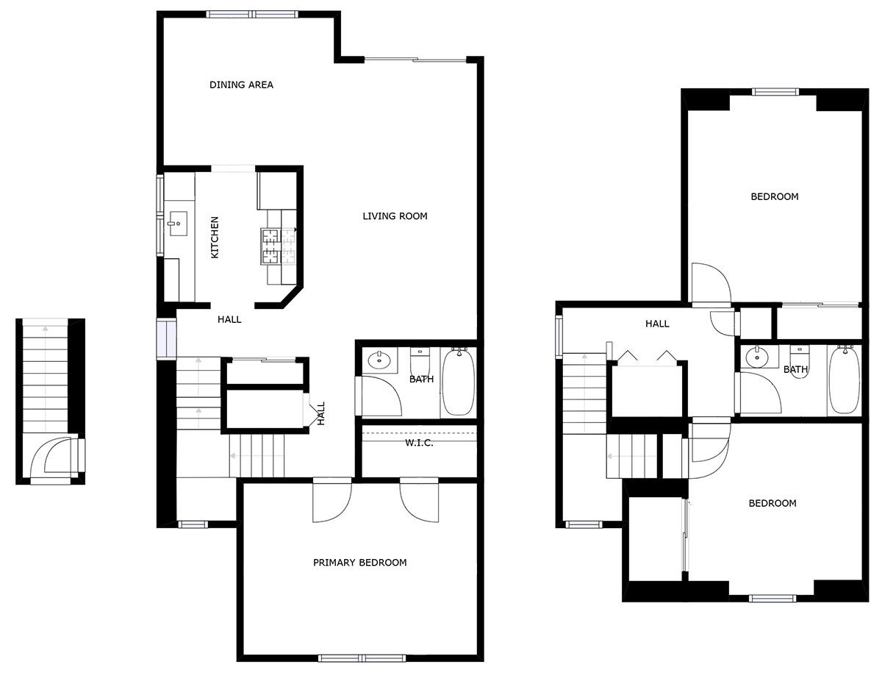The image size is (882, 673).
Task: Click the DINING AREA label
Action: (241, 85)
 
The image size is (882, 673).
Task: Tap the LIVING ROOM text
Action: (395, 216)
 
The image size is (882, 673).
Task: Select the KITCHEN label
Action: (215, 237)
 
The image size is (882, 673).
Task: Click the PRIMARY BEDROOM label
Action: (359, 563)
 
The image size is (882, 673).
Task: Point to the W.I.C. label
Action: (419, 443)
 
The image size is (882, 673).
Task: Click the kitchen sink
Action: (178, 224)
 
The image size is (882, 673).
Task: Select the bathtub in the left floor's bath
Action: (458, 382)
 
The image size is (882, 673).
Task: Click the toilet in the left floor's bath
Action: (420, 361)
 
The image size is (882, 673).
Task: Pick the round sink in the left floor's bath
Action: (379, 360)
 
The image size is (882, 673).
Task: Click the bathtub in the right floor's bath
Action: (845, 380)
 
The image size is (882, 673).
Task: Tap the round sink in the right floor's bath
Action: (757, 356)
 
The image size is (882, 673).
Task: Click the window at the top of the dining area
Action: (252, 15)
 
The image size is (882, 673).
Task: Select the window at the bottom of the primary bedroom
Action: (362, 658)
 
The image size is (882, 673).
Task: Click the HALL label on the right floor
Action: (657, 324)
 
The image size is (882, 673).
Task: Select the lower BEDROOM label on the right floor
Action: (772, 503)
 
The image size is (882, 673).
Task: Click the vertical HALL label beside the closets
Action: (320, 413)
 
